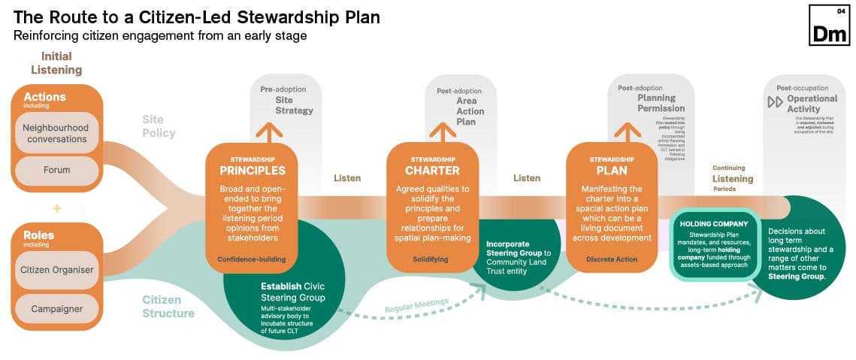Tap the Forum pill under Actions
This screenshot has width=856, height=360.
pos(56,171)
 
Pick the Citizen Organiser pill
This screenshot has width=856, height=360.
pos(56,270)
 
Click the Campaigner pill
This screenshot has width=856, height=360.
pos(56,309)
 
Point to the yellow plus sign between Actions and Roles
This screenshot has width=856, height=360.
pos(56,207)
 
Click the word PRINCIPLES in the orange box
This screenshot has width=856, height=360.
pos(253,171)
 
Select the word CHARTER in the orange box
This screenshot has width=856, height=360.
pos(432,171)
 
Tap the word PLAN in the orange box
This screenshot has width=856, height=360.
pos(612,171)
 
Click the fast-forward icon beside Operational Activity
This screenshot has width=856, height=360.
pos(775,102)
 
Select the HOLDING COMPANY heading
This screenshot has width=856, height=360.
pos(713,224)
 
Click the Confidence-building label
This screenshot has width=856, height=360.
pos(252,259)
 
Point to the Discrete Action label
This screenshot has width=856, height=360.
pos(611,259)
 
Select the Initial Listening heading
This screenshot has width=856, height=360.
pos(56,63)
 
